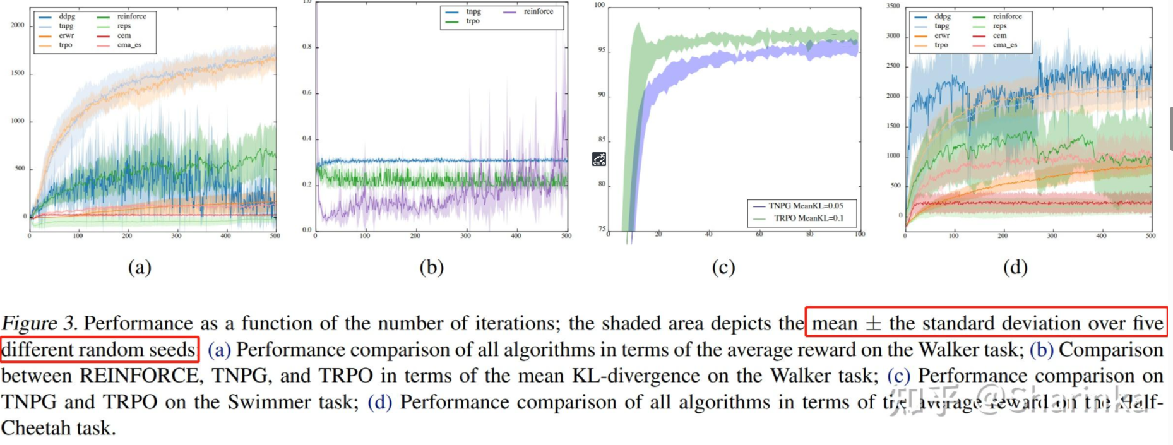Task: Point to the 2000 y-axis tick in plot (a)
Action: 17,25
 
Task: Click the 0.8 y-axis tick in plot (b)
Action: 306,47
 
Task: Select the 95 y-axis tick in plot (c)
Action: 602,50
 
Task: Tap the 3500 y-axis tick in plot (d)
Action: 893,6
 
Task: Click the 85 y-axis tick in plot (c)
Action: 602,139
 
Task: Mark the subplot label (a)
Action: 140,268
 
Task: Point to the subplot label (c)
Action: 723,268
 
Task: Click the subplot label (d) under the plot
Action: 1015,268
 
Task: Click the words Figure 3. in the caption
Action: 39,323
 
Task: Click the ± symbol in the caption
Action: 872,324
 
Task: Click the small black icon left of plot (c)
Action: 598,160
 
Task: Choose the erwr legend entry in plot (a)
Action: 66,35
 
